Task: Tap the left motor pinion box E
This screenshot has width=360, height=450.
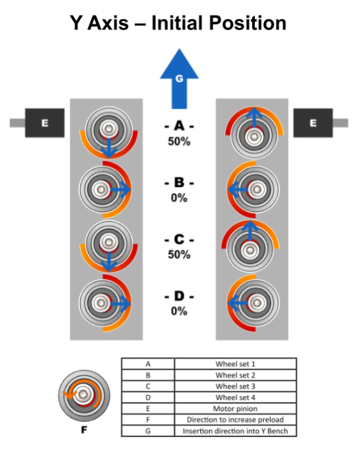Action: [x=45, y=123]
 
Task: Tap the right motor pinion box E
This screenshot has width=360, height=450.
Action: [x=313, y=123]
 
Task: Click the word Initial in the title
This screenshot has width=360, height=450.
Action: [x=176, y=23]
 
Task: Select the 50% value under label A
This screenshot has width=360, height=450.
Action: [x=179, y=141]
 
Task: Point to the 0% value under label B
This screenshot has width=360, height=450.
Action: [x=179, y=198]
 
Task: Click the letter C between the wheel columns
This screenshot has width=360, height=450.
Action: [x=179, y=239]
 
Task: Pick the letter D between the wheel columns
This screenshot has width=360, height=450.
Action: [x=179, y=296]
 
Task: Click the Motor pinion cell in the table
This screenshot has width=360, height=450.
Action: [x=235, y=409]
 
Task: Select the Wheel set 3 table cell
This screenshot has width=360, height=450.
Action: [x=235, y=386]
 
